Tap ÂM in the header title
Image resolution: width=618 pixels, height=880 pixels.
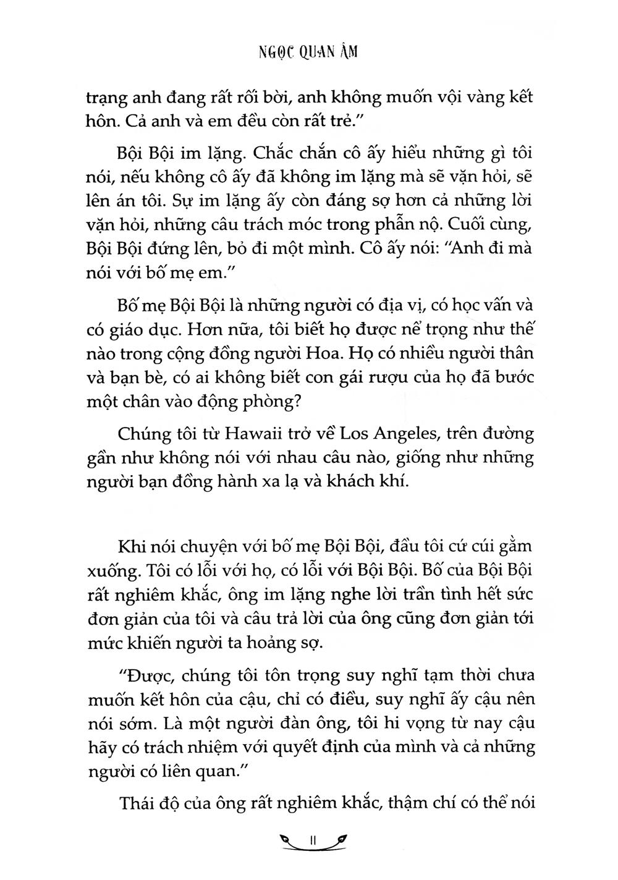coord(347,53)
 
